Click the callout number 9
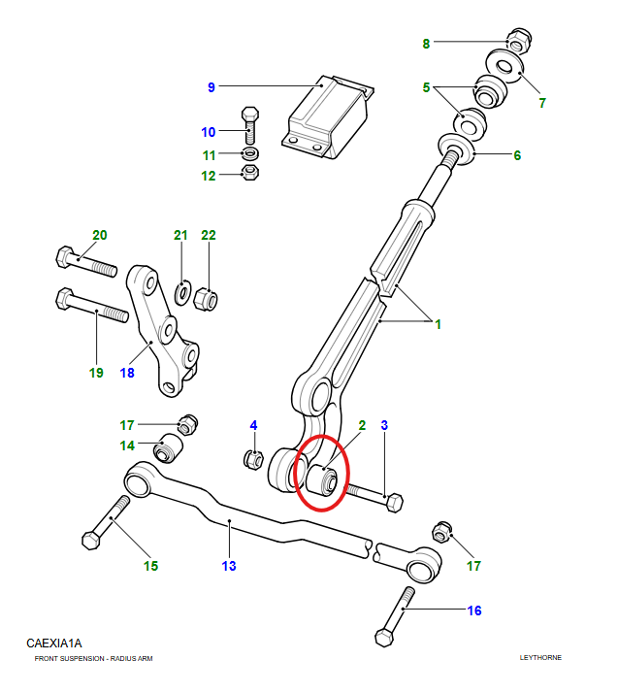pos(211,88)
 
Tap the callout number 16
pos(474,610)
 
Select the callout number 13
pos(229,565)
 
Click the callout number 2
pos(362,425)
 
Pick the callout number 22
pos(209,236)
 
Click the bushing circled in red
pos(325,478)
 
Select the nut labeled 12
pos(249,174)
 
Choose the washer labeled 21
pos(182,291)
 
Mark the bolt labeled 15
pos(106,522)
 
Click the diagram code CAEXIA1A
pos(54,643)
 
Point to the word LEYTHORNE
pos(540,658)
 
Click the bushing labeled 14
pos(171,449)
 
